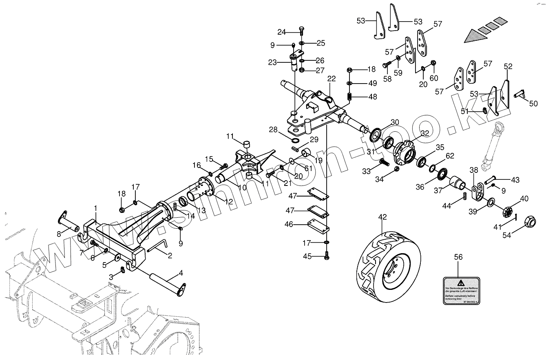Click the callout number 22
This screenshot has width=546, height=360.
(x=331, y=78)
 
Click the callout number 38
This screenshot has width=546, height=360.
(x=473, y=170)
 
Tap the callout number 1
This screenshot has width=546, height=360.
(x=95, y=208)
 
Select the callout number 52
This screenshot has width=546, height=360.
(x=508, y=66)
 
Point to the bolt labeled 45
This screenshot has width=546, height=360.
(x=327, y=256)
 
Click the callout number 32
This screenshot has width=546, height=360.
(x=425, y=133)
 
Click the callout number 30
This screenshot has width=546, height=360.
(x=395, y=122)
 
